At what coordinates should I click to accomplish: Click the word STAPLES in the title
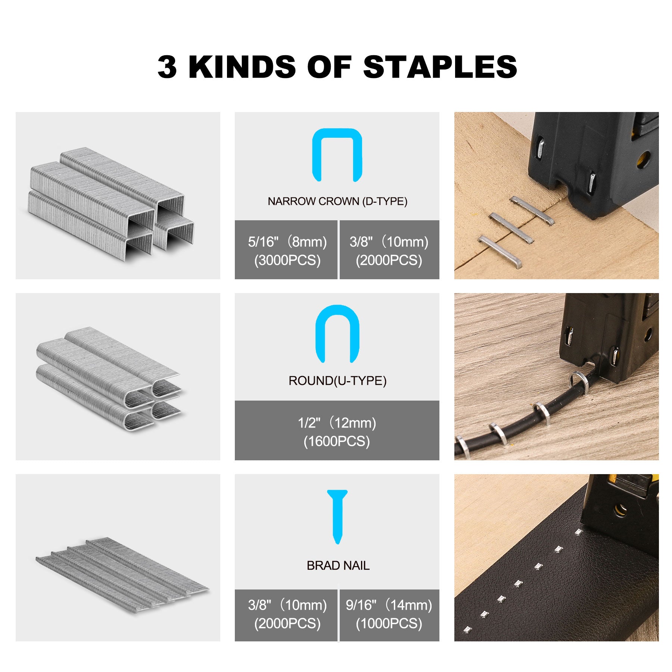(440, 67)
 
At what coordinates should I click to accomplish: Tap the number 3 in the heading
(167, 67)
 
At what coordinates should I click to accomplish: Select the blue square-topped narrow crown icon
(337, 155)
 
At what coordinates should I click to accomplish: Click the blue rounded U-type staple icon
(337, 334)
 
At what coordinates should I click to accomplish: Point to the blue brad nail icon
(337, 516)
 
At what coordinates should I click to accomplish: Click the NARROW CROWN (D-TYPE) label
(337, 201)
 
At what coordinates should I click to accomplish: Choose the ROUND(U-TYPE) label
(337, 380)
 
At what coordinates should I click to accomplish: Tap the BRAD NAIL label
(338, 566)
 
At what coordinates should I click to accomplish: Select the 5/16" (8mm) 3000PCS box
(286, 250)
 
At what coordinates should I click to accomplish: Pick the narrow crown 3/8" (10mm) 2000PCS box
(389, 250)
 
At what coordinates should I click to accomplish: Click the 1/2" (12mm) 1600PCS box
(337, 430)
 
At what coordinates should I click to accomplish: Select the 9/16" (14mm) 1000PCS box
(389, 615)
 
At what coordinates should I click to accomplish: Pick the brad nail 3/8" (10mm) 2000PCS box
(286, 615)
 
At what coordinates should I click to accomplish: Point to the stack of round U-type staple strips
(108, 379)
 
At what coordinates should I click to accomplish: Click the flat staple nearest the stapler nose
(532, 211)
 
